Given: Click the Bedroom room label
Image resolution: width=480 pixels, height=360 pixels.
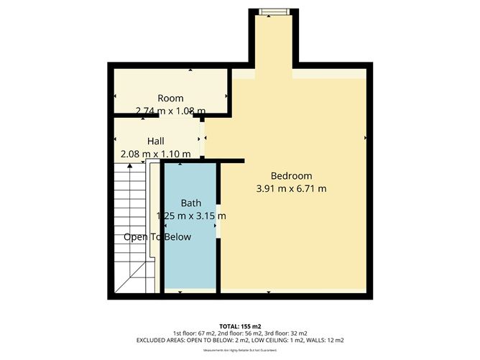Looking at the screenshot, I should [291, 176].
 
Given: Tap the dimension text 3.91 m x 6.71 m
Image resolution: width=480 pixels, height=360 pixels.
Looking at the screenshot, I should [291, 189].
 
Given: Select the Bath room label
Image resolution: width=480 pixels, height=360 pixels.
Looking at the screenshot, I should [190, 203].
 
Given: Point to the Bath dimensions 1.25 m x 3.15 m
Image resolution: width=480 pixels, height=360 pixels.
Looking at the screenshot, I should [190, 216].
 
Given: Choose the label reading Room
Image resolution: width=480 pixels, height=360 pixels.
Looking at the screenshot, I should [170, 98].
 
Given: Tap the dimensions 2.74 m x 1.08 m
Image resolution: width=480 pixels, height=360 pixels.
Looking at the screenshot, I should [170, 111].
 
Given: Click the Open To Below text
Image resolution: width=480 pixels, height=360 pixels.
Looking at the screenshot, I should [157, 237].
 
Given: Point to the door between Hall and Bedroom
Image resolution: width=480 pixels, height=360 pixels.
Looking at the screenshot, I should [203, 138].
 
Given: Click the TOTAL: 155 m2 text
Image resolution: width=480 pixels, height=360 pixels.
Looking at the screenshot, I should [240, 326].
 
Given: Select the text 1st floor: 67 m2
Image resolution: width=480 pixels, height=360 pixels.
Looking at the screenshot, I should [195, 333].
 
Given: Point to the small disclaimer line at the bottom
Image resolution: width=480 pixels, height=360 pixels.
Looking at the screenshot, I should [240, 350].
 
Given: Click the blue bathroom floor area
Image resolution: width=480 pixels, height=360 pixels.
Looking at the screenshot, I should [190, 259].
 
